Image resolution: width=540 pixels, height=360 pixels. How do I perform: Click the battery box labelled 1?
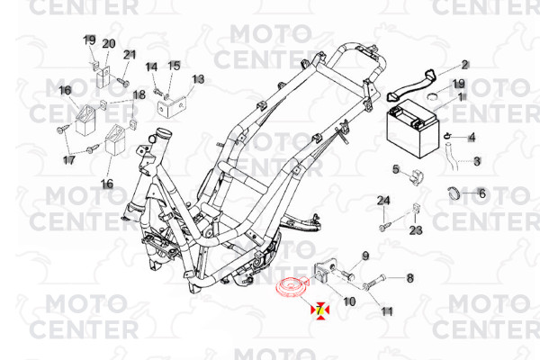click(413, 128)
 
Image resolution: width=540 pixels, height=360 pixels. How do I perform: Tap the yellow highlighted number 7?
click(319, 310)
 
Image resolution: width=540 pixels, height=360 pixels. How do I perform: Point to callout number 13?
click(198, 80)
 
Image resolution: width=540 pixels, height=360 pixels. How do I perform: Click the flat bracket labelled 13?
click(172, 106)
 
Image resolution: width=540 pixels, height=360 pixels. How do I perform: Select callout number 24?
click(383, 201)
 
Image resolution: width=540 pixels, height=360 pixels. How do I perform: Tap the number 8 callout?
click(409, 278)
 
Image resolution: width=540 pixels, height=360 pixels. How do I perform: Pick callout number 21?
click(130, 54)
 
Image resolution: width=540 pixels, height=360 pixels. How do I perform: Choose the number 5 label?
click(396, 169)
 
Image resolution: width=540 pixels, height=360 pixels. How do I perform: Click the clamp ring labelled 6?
click(454, 193)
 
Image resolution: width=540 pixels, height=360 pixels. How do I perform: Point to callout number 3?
click(477, 161)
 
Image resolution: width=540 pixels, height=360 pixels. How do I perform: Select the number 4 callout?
click(472, 138)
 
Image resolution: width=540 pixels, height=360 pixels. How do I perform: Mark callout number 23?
click(416, 230)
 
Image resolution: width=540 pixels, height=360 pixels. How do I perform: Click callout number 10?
click(349, 301)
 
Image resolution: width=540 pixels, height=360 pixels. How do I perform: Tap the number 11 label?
click(387, 311)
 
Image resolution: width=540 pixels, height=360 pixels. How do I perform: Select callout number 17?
click(69, 160)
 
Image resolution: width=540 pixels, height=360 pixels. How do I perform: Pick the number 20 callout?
click(109, 44)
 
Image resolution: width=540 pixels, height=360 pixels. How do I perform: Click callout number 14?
click(151, 67)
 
